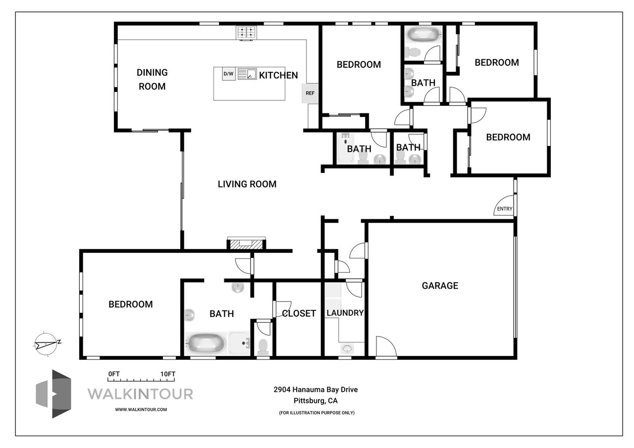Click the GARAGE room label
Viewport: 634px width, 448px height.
click(x=440, y=286)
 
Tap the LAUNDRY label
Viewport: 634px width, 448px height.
click(x=345, y=313)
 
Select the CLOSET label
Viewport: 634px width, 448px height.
click(x=299, y=313)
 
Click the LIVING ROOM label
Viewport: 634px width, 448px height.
click(x=247, y=184)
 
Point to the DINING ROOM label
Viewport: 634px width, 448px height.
click(x=152, y=79)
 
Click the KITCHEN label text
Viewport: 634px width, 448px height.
click(x=278, y=75)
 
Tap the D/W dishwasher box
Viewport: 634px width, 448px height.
click(x=228, y=74)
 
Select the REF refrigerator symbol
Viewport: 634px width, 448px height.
click(x=310, y=93)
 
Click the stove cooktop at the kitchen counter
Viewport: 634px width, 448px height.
click(x=246, y=33)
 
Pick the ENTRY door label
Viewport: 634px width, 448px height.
click(x=505, y=209)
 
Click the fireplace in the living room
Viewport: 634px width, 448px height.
click(x=246, y=244)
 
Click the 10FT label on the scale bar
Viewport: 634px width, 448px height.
click(x=168, y=374)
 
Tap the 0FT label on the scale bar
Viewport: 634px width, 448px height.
click(x=114, y=374)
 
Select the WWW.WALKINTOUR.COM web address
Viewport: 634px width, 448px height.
click(x=141, y=409)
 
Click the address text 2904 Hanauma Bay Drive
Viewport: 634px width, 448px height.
click(x=316, y=390)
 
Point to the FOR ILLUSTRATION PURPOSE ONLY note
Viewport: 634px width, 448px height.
click(x=317, y=412)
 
